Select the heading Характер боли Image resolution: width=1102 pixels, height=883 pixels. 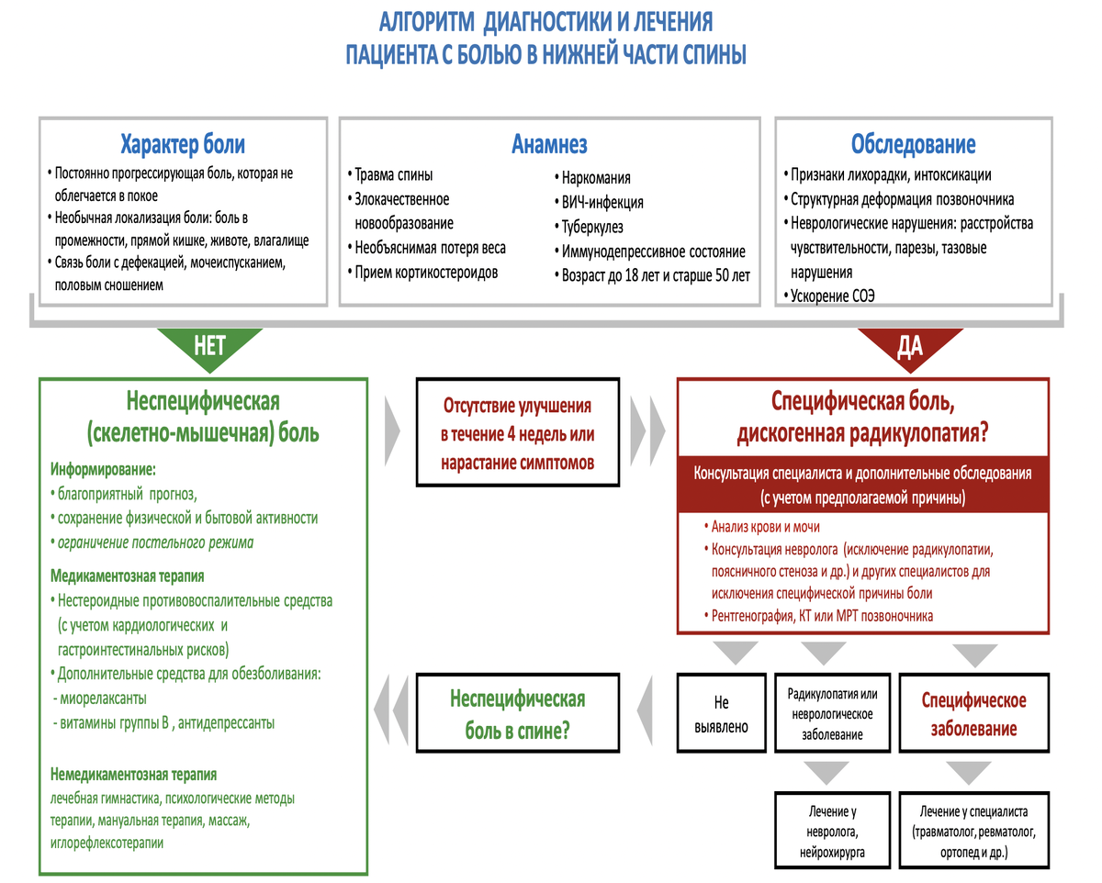pos(183,144)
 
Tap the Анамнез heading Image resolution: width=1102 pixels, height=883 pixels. pos(549,144)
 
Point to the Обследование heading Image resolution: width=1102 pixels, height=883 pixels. pos(914,144)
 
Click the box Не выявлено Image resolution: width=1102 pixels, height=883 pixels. pos(721,713)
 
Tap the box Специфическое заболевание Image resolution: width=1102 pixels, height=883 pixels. pos(974,713)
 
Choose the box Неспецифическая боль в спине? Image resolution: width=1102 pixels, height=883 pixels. pos(518,713)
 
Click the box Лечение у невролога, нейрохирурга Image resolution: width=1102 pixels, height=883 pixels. pos(832,831)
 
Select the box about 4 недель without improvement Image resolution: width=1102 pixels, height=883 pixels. pos(518,432)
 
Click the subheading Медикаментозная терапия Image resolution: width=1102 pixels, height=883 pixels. pos(127,576)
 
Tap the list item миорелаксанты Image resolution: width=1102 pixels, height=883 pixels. pos(100,699)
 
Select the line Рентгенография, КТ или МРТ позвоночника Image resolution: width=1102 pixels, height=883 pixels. pos(819,615)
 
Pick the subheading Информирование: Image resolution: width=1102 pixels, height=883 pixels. pos(103,469)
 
